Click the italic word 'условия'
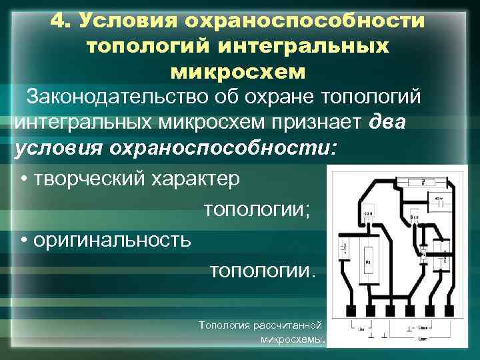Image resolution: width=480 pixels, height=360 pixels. click(x=55, y=147)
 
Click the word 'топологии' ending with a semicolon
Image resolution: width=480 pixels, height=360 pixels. click(x=257, y=210)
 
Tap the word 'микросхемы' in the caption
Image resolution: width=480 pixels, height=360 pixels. click(x=292, y=339)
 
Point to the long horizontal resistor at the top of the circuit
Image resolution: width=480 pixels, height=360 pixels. click(x=423, y=181)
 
